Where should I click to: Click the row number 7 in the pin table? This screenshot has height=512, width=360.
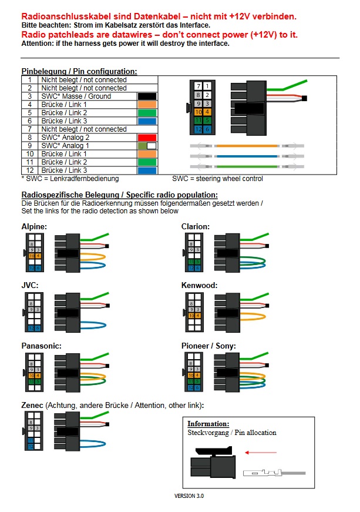tap(29, 129)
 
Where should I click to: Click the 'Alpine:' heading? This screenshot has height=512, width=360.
tap(35, 226)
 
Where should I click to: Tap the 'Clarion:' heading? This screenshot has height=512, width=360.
tap(196, 226)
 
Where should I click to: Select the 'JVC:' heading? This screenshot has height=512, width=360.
tap(30, 286)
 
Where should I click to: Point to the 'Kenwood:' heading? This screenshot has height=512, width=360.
tap(200, 286)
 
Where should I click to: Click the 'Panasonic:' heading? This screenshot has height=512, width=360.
tap(41, 346)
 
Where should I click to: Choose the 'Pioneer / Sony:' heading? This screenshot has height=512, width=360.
tap(209, 346)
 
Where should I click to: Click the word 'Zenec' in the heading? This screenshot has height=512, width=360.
tap(33, 406)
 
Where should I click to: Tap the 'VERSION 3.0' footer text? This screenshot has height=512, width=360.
tap(189, 496)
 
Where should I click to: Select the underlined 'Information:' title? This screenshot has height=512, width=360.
tap(208, 424)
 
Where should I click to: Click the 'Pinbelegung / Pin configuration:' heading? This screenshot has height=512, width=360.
tap(79, 71)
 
